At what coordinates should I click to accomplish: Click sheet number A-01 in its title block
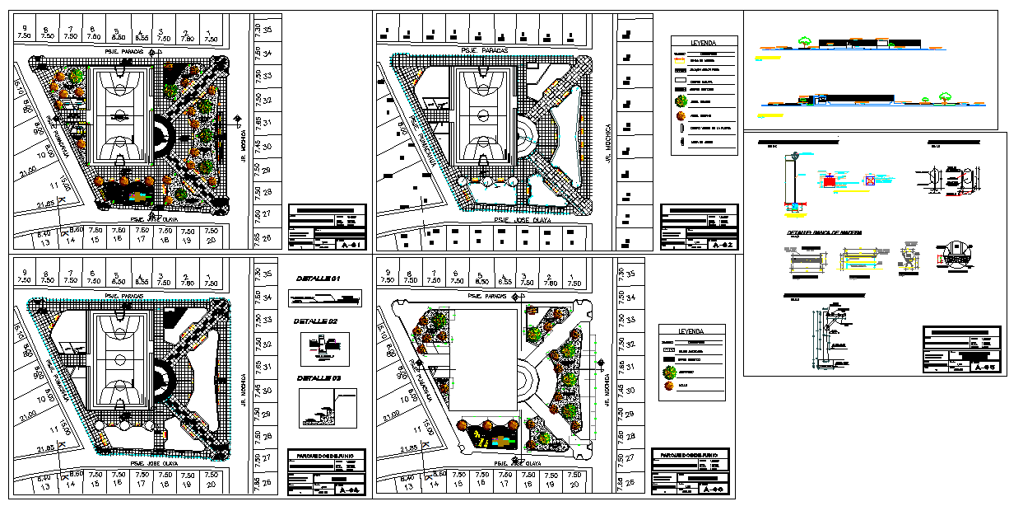351,244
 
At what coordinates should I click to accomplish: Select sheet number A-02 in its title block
722,244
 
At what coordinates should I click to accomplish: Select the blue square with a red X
871,181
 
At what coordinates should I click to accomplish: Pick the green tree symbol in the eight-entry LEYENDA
681,101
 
